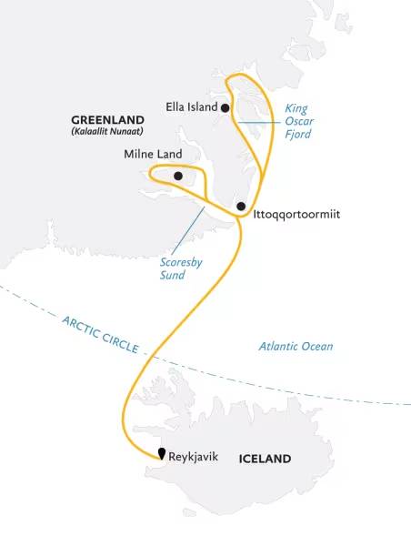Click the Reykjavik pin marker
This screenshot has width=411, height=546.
coord(161,453)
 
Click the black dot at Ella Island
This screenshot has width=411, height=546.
coord(225,107)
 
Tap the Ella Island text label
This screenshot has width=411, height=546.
coord(191,107)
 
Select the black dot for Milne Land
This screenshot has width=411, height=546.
coord(178,176)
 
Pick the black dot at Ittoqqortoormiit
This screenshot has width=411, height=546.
coord(240,207)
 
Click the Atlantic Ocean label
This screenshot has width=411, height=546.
coord(296,346)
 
